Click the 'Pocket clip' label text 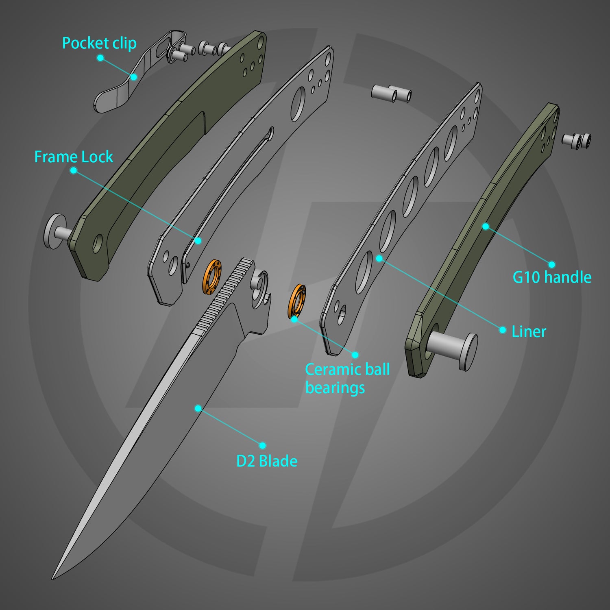pyautogui.click(x=99, y=44)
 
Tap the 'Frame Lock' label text pyautogui.click(x=74, y=157)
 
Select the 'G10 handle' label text pyautogui.click(x=551, y=277)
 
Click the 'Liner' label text pyautogui.click(x=529, y=331)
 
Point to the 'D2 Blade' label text pyautogui.click(x=267, y=461)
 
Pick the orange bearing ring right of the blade pyautogui.click(x=297, y=301)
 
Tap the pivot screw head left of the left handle pyautogui.click(x=54, y=232)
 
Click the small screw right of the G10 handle pyautogui.click(x=577, y=139)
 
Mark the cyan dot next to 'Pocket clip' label pyautogui.click(x=100, y=58)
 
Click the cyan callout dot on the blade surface pyautogui.click(x=198, y=408)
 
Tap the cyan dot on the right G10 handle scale pyautogui.click(x=486, y=226)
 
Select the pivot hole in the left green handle pyautogui.click(x=98, y=243)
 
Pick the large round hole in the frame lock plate pyautogui.click(x=298, y=103)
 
